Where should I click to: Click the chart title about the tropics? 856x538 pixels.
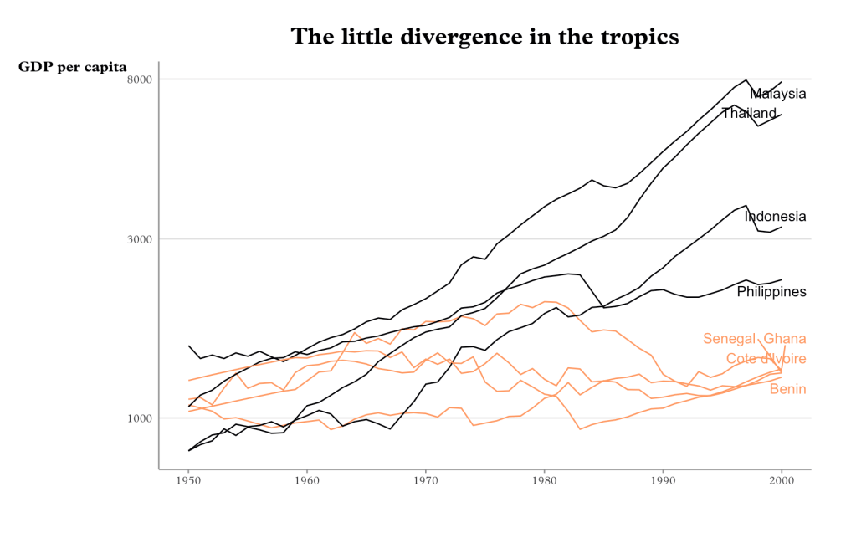[x=484, y=37]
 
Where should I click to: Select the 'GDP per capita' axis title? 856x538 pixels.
[x=73, y=67]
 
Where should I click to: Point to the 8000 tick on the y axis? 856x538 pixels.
[x=138, y=79]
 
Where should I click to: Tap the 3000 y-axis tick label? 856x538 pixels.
[x=138, y=239]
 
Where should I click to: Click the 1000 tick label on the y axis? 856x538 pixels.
[x=138, y=418]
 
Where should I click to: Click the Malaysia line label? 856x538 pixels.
[x=778, y=94]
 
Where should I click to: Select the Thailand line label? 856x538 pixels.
[x=749, y=113]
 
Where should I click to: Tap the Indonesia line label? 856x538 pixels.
[x=775, y=217]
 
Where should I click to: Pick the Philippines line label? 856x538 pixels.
[x=771, y=292]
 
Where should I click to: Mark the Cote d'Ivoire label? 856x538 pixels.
[x=766, y=359]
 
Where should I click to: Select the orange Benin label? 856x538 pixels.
[x=787, y=390]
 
